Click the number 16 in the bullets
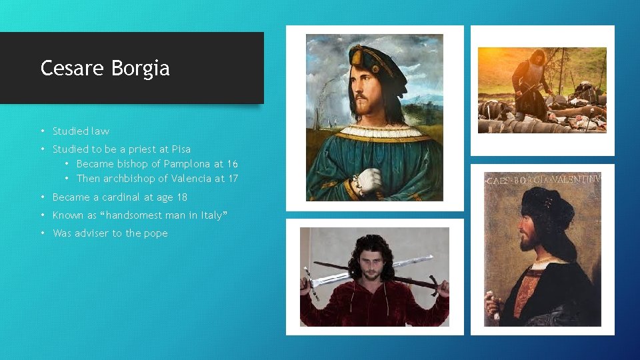click(231, 164)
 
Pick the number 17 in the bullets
click(231, 179)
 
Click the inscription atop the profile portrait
click(543, 179)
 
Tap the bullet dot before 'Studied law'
click(43, 131)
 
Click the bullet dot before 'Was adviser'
click(43, 233)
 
